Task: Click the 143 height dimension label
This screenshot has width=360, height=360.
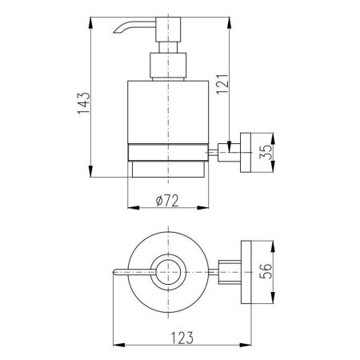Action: pos(84,103)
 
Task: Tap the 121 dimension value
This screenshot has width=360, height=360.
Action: pos(222,83)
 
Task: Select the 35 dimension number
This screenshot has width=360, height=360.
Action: pos(266,152)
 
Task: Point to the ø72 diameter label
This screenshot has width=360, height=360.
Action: pos(167,201)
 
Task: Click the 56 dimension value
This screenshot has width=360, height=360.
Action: pos(266,271)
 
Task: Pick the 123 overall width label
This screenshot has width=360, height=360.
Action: pos(182,338)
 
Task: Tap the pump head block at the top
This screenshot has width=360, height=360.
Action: pos(168,30)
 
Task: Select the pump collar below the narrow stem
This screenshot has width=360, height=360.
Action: pos(168,66)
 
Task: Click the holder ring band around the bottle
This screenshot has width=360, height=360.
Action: pos(168,152)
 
